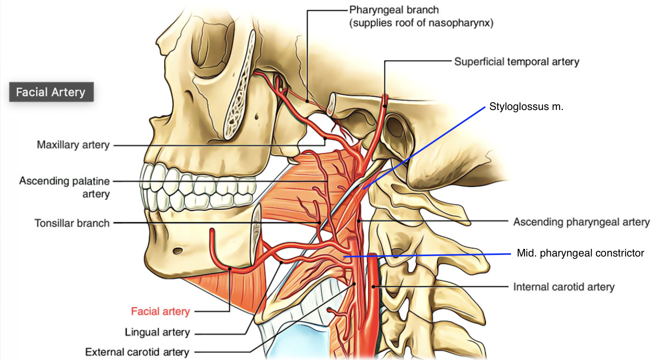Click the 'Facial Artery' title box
51,92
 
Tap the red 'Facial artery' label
160,311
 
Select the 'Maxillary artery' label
73,145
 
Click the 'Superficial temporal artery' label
516,62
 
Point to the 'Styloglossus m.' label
526,107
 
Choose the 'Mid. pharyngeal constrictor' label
580,253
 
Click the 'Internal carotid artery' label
564,287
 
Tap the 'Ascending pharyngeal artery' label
581,222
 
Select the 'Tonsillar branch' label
72,223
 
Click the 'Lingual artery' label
157,332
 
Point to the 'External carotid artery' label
137,352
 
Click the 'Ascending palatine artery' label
65,187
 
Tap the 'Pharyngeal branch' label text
394,10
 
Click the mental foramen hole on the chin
178,251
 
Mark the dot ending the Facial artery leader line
230,269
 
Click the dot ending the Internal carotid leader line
374,287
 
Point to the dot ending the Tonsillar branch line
320,223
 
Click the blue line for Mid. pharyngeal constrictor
426,255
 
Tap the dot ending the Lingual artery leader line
281,262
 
